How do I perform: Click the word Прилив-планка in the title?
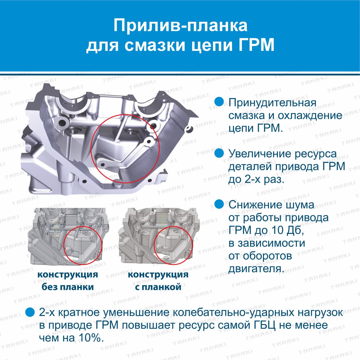click(181, 25)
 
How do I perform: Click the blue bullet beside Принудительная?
click(219, 102)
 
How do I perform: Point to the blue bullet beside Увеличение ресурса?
click(219, 153)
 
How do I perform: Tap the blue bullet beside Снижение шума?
click(219, 204)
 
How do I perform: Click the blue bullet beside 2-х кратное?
click(30, 312)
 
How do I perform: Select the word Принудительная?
click(272, 103)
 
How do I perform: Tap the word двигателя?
click(255, 269)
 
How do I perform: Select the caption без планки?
click(67, 287)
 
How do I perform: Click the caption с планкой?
click(158, 287)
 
